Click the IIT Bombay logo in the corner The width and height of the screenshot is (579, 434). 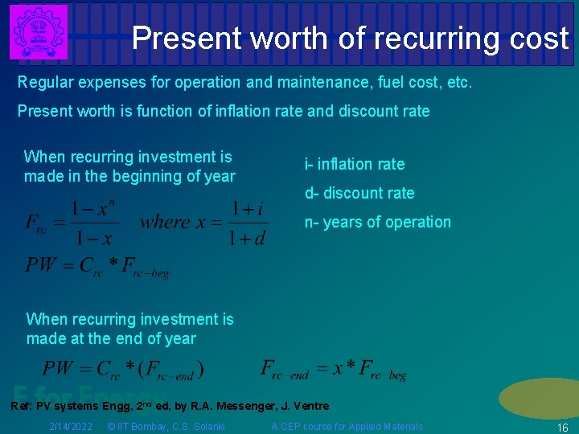click(38, 31)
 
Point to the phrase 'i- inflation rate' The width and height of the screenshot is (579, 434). click(354, 164)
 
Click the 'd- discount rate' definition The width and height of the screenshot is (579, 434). click(359, 193)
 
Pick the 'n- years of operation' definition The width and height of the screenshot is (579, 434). click(377, 222)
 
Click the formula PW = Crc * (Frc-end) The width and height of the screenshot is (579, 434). click(123, 370)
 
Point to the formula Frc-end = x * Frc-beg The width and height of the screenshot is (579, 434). click(334, 370)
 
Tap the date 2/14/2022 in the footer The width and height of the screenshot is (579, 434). click(70, 426)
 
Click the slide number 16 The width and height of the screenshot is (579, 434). click(562, 428)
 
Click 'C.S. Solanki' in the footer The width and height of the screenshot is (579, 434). click(199, 426)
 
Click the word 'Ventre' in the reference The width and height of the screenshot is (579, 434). click(310, 406)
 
